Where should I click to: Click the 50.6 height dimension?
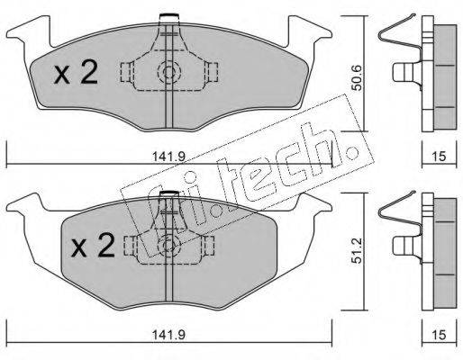coord(357,78)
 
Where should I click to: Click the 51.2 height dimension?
coord(357,251)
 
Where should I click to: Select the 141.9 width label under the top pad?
coord(168,157)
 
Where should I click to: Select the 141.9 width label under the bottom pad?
coord(168,334)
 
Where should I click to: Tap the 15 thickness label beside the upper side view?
coord(440,157)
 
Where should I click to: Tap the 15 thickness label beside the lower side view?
coord(440,335)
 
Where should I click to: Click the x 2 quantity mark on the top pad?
coord(76,72)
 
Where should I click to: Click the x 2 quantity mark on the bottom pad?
coord(93,246)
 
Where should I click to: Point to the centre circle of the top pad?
coord(169,72)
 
